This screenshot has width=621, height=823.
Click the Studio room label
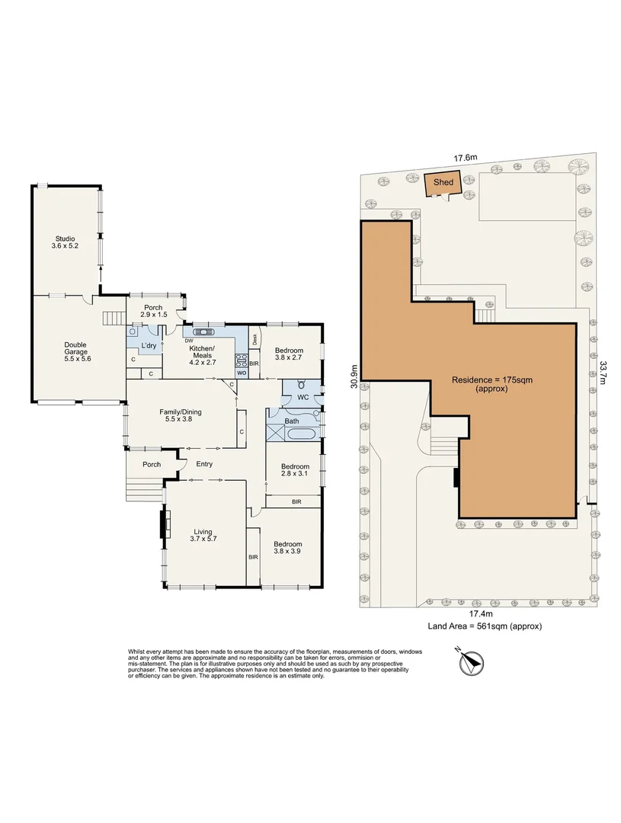click(65, 242)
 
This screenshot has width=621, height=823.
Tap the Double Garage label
click(76, 351)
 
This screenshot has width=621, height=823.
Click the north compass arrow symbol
click(470, 662)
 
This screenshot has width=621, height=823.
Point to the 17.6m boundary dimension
click(465, 157)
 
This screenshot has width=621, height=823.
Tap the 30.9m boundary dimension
click(354, 376)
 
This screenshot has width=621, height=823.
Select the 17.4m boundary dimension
click(481, 613)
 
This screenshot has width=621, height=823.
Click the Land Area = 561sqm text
click(485, 626)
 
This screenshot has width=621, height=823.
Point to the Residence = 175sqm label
click(492, 383)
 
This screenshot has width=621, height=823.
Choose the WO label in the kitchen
click(242, 373)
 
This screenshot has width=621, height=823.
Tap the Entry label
click(204, 464)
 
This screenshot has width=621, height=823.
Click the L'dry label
click(149, 345)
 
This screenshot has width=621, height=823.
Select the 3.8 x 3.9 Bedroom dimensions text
click(287, 552)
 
